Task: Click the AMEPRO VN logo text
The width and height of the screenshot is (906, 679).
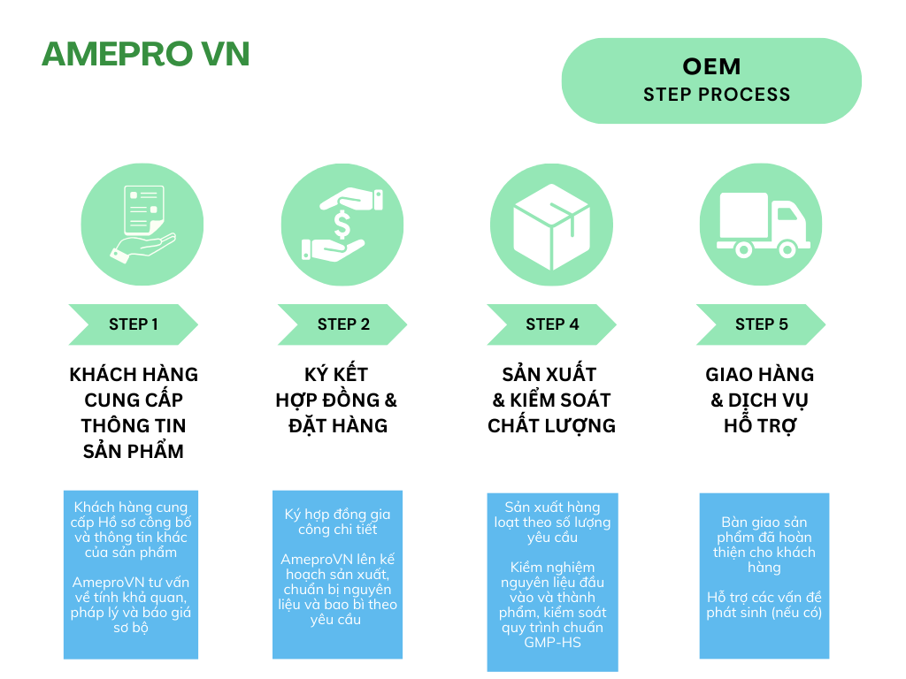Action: (x=145, y=54)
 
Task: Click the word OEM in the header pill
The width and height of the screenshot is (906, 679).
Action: (x=711, y=66)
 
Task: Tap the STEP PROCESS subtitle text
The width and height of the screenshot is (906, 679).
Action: (x=717, y=95)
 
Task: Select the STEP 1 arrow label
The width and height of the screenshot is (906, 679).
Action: (x=134, y=324)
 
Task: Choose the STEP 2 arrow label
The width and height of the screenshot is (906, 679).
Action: (x=343, y=324)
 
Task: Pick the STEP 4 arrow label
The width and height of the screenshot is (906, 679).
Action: (x=552, y=324)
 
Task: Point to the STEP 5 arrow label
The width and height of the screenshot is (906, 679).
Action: (x=761, y=324)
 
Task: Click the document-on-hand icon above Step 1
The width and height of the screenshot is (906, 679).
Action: (x=142, y=224)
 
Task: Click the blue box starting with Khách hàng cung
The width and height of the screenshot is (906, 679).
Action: (x=131, y=575)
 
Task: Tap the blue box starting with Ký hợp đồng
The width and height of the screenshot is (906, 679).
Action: (x=337, y=575)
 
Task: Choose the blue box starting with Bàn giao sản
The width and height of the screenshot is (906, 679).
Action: (x=764, y=576)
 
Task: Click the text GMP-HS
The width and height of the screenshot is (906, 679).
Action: (x=552, y=643)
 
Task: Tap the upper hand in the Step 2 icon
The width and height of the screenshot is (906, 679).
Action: (x=354, y=200)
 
